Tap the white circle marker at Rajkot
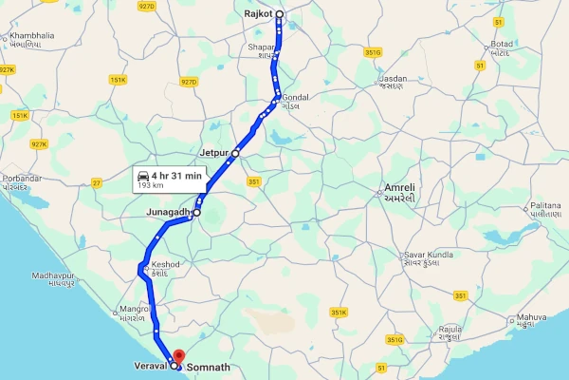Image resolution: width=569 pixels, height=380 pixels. [x=280, y=14]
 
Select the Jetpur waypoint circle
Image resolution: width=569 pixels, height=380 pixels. [x=235, y=152]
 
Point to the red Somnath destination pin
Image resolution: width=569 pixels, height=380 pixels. [x=179, y=356]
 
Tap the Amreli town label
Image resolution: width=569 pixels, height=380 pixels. [x=398, y=188]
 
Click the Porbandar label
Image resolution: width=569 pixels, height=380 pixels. [x=21, y=179]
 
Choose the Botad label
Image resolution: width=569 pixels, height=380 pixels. [x=502, y=45]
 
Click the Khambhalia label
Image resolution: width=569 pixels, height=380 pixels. [x=32, y=36]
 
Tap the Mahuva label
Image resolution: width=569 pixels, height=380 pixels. [x=531, y=317]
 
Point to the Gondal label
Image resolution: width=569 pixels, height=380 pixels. [x=296, y=98]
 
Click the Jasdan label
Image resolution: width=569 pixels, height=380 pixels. [x=393, y=78]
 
